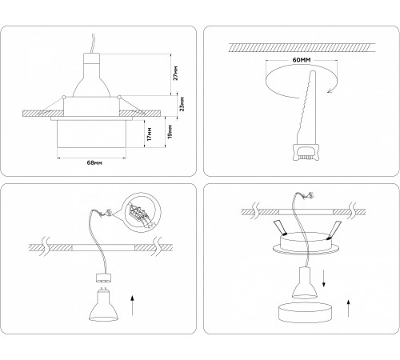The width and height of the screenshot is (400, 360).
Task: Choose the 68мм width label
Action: point(93,163)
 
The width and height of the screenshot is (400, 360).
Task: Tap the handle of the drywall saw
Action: point(306,150)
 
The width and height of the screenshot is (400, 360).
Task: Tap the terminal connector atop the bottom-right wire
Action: point(300,195)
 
